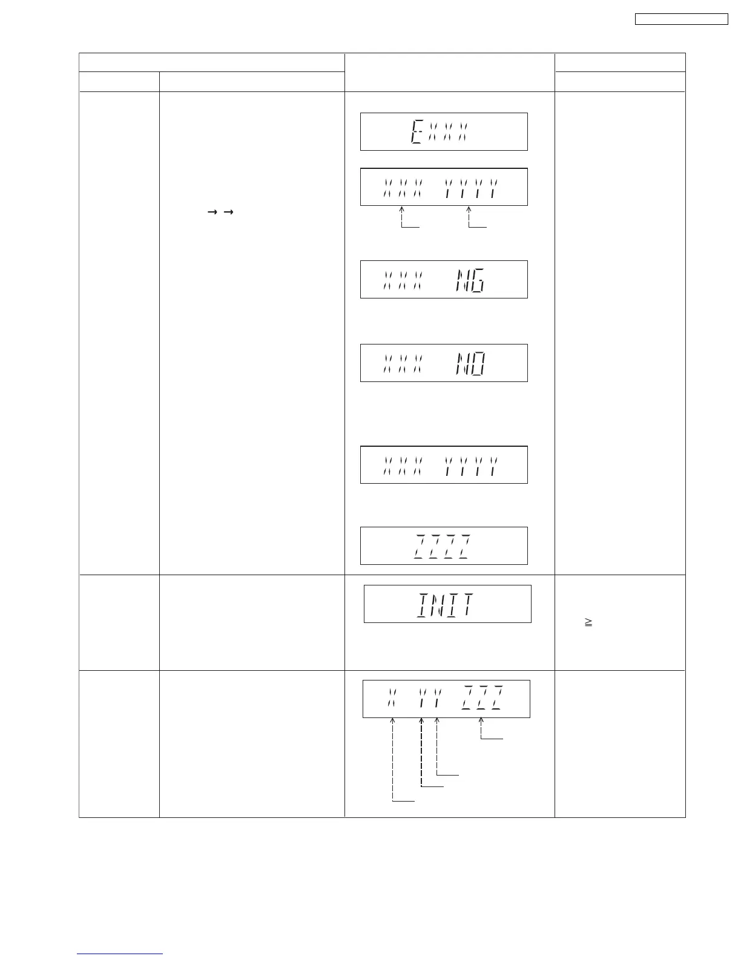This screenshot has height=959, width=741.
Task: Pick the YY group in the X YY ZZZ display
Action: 429,699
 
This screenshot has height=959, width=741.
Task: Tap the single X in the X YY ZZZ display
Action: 392,699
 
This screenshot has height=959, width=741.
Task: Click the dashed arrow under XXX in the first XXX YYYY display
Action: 402,217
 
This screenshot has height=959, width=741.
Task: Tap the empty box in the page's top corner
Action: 681,19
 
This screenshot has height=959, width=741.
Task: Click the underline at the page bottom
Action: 120,954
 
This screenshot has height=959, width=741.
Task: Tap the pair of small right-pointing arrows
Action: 220,212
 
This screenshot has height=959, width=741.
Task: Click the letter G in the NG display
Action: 478,280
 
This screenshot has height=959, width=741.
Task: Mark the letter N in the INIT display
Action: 436,604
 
